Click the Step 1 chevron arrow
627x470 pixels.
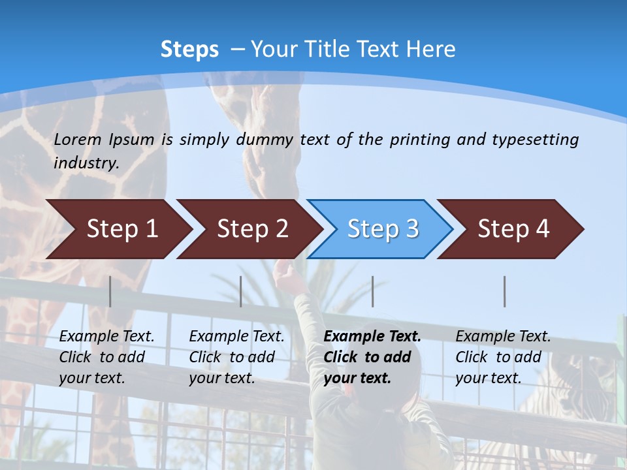pos(118,229)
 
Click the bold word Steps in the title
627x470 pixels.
pos(189,49)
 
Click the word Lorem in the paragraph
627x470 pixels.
pos(78,139)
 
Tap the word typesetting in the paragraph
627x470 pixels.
pos(535,139)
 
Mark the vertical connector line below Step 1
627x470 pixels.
pos(110,291)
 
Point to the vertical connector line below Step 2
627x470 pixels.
pos(241,291)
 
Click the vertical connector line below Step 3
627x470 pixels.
pos(373,291)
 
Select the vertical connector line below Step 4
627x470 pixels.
pos(505,291)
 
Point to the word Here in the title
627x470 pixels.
pos(430,49)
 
